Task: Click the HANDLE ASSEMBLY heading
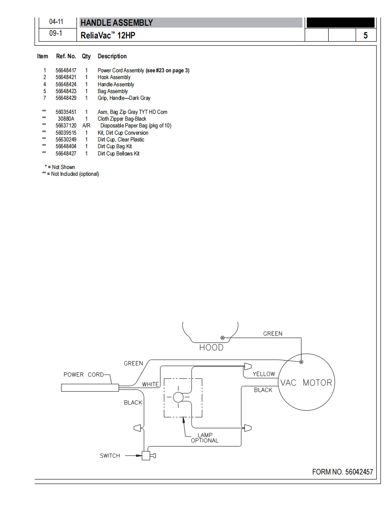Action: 117,23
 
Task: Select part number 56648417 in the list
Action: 66,70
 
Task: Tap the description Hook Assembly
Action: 114,77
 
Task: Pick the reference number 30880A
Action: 66,119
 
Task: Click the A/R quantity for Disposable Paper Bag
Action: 86,126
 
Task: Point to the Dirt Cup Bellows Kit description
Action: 119,154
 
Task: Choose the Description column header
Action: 112,56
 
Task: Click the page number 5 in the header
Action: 365,35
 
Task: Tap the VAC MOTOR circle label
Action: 306,383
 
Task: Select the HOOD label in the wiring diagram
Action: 211,347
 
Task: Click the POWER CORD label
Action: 84,374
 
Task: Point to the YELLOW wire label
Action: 263,374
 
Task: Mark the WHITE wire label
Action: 151,384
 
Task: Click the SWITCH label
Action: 110,455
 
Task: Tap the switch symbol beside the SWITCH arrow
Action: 146,455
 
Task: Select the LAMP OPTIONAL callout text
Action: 205,437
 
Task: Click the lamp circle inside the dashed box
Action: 178,397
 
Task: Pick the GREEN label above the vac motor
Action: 272,333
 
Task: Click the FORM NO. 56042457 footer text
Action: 343,472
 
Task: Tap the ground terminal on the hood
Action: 222,338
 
